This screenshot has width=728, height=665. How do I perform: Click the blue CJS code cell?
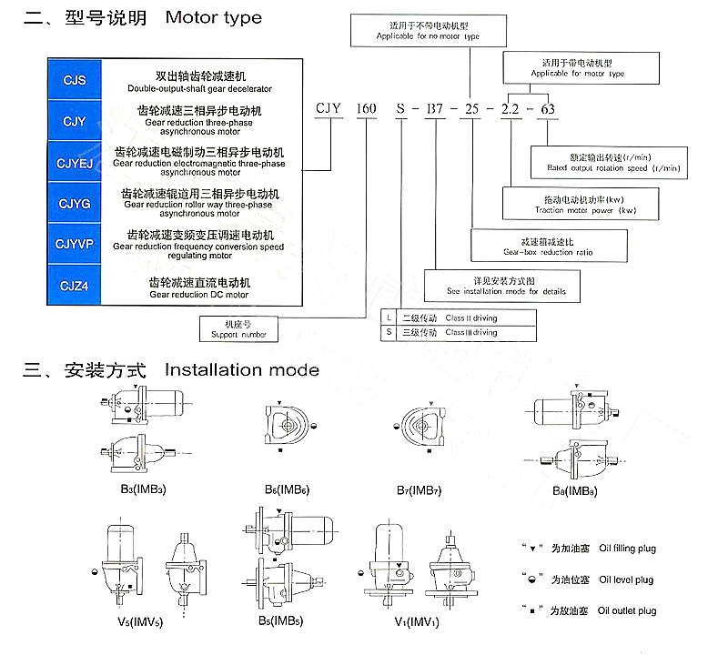click(x=75, y=80)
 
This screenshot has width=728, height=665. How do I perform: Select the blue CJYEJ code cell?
click(x=75, y=162)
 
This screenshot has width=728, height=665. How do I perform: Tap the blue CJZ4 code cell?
click(x=75, y=287)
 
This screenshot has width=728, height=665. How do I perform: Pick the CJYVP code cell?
click(x=75, y=244)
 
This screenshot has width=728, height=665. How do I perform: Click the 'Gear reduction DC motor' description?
click(x=199, y=295)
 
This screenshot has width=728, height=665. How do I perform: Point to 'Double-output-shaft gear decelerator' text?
click(x=199, y=89)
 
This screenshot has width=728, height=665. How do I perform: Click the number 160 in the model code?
click(x=365, y=109)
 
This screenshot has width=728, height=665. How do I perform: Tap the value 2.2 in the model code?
click(x=511, y=109)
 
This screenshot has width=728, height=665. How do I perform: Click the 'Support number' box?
click(x=238, y=328)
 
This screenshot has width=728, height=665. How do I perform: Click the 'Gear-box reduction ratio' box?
click(x=548, y=247)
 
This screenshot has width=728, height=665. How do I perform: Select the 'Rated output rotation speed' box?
click(x=611, y=162)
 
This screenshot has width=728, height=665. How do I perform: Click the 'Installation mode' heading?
click(x=242, y=370)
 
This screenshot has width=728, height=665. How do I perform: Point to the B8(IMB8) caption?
click(x=573, y=490)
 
